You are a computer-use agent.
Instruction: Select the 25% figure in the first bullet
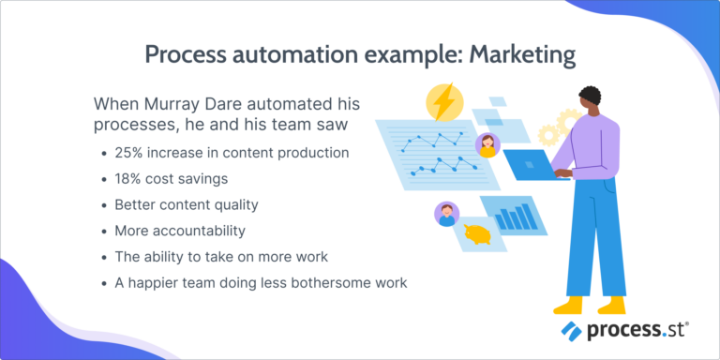[130, 153]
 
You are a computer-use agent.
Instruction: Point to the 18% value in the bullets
[130, 178]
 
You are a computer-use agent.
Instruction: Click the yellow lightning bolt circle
[443, 102]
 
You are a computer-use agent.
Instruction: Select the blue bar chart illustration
[514, 217]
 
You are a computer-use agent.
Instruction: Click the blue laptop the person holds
[534, 165]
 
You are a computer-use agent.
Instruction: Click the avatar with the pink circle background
[487, 144]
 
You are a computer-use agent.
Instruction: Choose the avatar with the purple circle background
[447, 215]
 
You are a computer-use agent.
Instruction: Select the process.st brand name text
[636, 331]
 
